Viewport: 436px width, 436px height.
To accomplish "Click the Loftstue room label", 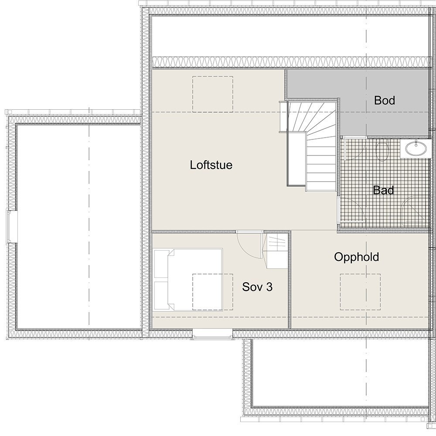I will [211, 165].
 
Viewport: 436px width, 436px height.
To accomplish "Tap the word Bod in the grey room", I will [385, 101].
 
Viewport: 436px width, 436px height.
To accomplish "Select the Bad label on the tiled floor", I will [383, 190].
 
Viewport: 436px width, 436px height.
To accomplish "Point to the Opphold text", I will [356, 257].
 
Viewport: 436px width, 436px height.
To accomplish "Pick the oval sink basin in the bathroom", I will [416, 149].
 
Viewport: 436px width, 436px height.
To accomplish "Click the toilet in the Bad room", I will [382, 151].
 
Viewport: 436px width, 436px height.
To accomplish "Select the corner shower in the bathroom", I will [414, 212].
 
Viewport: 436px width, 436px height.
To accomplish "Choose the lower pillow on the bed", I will [160, 295].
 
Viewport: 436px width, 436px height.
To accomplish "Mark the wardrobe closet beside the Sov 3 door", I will [276, 251].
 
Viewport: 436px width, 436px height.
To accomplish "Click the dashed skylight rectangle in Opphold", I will [360, 292].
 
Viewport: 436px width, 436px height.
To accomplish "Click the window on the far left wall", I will [10, 225].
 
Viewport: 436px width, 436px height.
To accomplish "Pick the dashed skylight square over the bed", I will [212, 292].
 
